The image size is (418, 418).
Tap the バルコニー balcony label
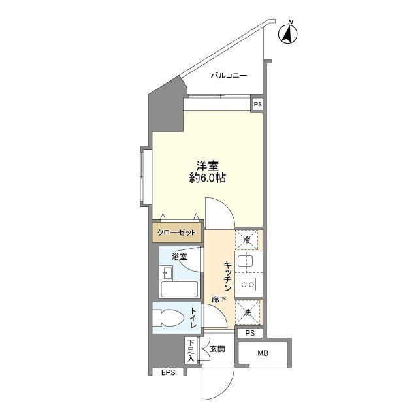coord(228,76)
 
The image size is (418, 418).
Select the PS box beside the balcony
coord(257,104)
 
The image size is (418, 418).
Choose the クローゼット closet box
coord(176,232)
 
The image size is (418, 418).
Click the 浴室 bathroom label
coord(180,257)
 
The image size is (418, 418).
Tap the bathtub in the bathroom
coord(178,289)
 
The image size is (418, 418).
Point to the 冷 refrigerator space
coord(247,240)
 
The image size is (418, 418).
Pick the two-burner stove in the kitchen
coord(248,284)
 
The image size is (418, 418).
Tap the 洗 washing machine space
coord(248,313)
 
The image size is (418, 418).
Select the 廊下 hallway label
coord(219,300)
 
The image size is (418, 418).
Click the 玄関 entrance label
coord(217,349)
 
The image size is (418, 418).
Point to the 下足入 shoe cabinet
coord(191,350)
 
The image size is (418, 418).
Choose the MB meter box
coord(262,354)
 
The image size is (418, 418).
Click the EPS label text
coord(169,373)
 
